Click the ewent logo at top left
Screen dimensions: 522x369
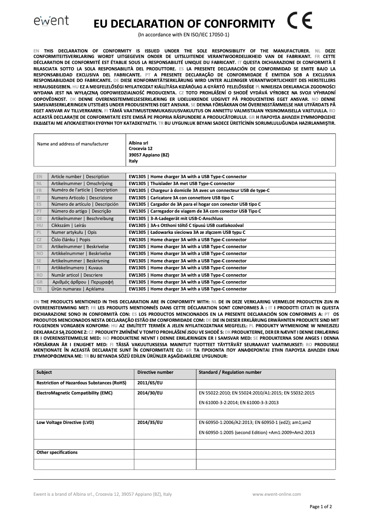tap(51, 21)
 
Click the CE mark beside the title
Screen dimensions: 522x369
tap(300, 21)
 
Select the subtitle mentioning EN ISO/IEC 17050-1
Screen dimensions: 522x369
tap(184, 35)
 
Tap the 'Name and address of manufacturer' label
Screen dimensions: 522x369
tap(73, 144)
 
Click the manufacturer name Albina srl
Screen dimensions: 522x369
tap(138, 142)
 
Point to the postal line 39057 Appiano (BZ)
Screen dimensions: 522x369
tap(149, 155)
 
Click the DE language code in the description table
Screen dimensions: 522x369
tap(40, 218)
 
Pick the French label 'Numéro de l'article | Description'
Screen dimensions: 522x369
tap(84, 190)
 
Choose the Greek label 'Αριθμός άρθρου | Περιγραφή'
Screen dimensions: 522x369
tap(83, 282)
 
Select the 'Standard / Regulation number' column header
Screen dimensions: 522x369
tap(230, 372)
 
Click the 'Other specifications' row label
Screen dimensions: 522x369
tap(57, 452)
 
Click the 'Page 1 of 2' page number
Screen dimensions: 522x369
tap(321, 507)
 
